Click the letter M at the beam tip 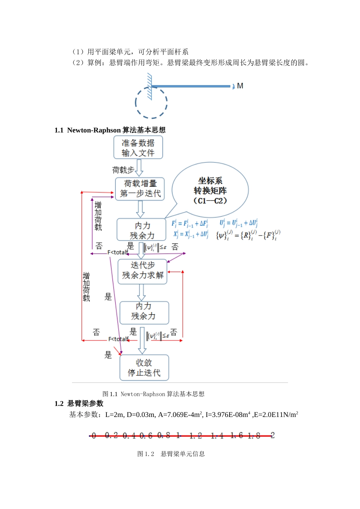point(240,86)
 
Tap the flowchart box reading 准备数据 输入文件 point(138,148)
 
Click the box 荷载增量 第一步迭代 point(140,189)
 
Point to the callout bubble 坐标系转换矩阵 point(210,190)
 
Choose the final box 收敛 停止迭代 point(144,368)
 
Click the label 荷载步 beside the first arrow point(123,170)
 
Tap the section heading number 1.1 point(59,130)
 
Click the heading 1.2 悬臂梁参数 point(79,404)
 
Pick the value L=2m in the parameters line point(114,415)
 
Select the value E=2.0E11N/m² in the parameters point(276,415)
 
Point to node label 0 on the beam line point(94,436)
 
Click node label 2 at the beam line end point(272,435)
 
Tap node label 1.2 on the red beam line point(196,436)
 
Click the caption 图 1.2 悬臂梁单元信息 point(171,454)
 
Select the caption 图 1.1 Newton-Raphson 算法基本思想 point(153,394)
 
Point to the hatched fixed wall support point(150,86)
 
